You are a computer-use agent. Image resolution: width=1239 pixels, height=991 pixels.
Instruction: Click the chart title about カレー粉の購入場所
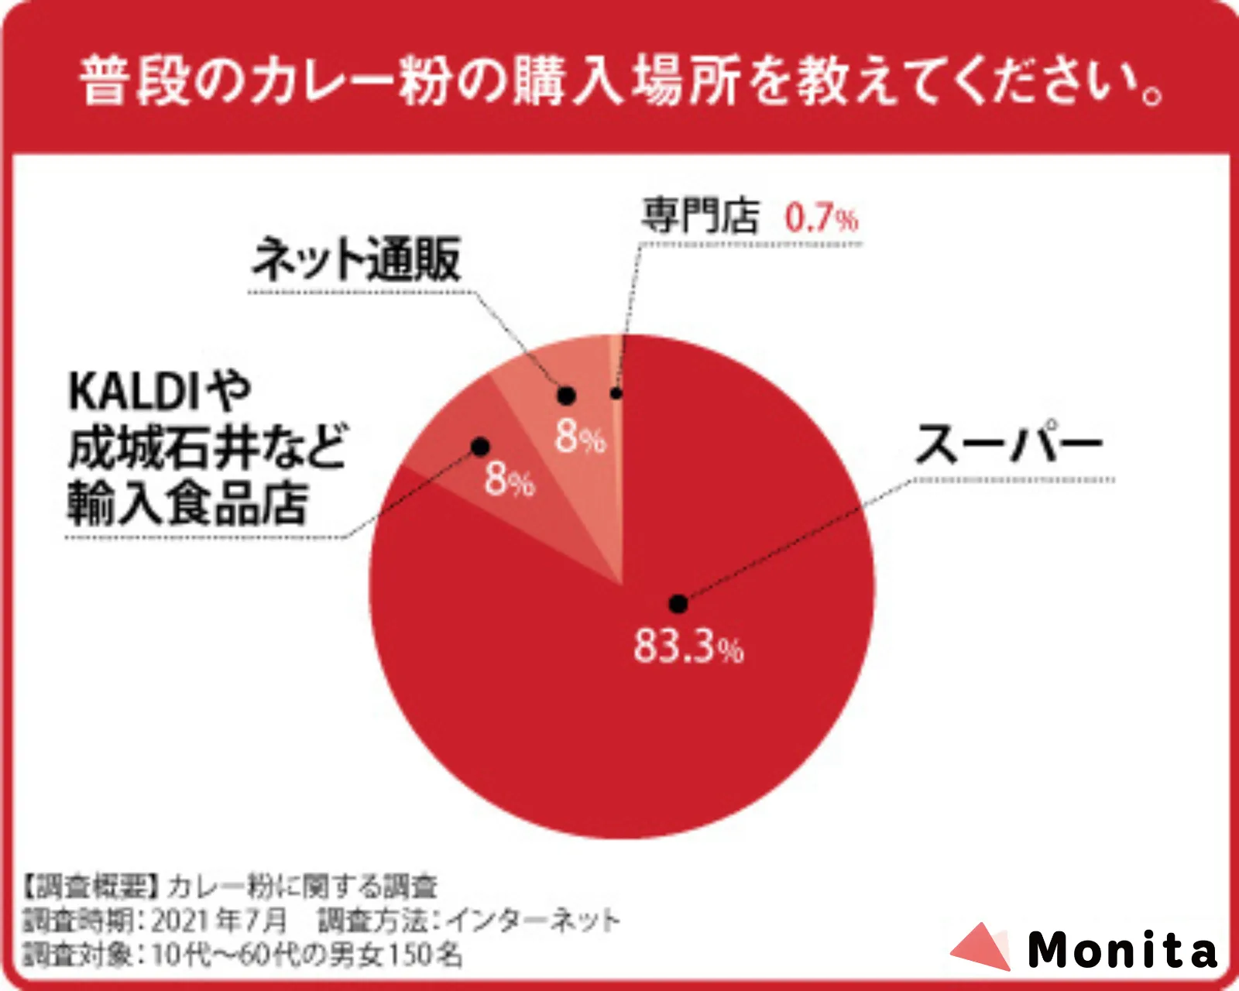coord(619,81)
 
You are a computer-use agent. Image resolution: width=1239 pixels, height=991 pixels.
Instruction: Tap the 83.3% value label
coord(688,646)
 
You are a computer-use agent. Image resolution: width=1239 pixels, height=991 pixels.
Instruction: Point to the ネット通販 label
coord(357,259)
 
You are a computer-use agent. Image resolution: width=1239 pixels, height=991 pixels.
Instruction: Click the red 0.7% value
coord(821,218)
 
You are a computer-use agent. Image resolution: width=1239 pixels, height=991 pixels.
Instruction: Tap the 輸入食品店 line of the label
coord(188,504)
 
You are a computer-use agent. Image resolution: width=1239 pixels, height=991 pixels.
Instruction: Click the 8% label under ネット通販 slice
coord(580,437)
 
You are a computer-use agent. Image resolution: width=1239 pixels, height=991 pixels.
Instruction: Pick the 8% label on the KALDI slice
coord(510,480)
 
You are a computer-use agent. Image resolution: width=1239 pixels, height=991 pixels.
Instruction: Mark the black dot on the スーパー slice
coord(678,603)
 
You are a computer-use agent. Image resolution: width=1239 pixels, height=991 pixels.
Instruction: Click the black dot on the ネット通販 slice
coord(566,396)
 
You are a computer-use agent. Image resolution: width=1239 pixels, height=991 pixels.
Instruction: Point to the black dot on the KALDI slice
coord(480,446)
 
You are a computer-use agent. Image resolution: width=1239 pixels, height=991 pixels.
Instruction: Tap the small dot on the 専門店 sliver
coord(616,393)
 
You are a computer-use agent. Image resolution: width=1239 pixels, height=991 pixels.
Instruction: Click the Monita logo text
coord(1121,949)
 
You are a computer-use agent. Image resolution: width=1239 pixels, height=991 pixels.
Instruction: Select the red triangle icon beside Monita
coord(982,946)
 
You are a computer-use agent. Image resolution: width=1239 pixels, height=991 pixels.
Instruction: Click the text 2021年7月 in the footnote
coord(219,921)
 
